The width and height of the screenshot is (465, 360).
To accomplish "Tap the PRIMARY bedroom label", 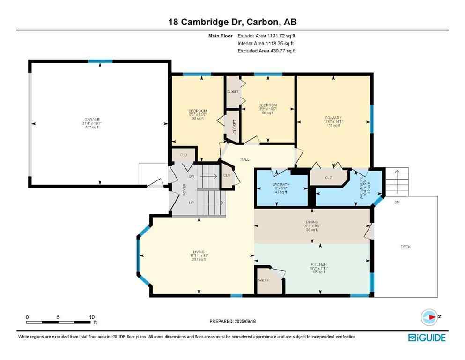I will [x=334, y=118].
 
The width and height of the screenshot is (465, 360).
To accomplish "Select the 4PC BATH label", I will [x=280, y=185].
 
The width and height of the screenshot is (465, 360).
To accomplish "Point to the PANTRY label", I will [x=262, y=280].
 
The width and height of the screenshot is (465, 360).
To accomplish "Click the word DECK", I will [x=406, y=247].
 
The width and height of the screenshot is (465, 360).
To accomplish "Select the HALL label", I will [x=244, y=159].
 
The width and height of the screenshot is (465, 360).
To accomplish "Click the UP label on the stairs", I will [x=191, y=203].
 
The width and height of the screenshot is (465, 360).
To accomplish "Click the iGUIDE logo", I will [x=427, y=337].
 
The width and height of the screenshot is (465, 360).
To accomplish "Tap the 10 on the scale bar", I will [x=92, y=317].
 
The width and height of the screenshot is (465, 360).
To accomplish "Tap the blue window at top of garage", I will [x=100, y=61].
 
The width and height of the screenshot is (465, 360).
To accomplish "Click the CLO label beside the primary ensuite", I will [x=328, y=178].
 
